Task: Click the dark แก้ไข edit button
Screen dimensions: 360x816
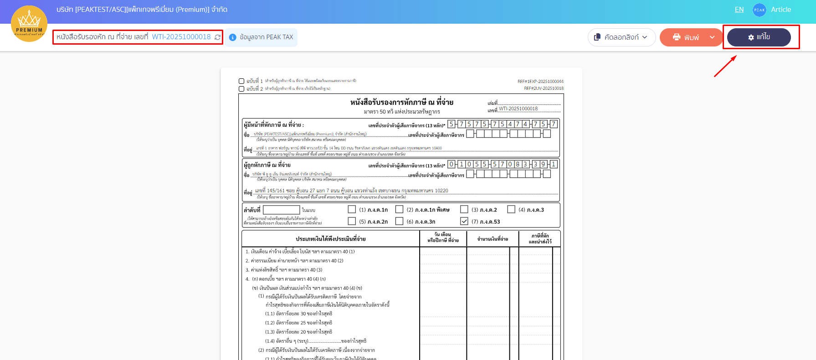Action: (759, 37)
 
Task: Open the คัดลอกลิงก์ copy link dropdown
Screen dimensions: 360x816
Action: (621, 37)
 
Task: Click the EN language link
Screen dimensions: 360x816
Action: (739, 10)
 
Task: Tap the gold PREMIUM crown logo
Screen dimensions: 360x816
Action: (29, 24)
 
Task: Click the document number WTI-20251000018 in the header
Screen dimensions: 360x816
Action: (181, 37)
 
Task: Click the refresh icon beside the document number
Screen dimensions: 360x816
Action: (218, 37)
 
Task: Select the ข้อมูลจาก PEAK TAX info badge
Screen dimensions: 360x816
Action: (262, 37)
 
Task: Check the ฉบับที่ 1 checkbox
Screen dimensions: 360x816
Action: (241, 81)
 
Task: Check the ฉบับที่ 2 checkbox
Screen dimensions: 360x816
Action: (241, 89)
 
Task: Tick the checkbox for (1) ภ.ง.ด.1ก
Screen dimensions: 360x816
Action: (352, 209)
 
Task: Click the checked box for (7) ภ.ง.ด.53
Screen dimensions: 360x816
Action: (464, 221)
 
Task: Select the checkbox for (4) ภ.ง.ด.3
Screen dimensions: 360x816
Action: (511, 209)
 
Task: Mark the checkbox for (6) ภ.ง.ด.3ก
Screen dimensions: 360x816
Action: (399, 221)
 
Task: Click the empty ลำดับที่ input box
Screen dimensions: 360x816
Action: (281, 210)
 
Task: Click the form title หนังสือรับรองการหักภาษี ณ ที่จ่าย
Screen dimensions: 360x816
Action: (401, 103)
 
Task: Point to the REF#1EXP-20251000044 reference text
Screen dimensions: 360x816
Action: (540, 82)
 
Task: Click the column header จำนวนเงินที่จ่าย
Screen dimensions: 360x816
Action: (493, 239)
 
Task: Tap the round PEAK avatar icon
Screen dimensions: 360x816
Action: (759, 10)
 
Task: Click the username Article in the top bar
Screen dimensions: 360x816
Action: (780, 10)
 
